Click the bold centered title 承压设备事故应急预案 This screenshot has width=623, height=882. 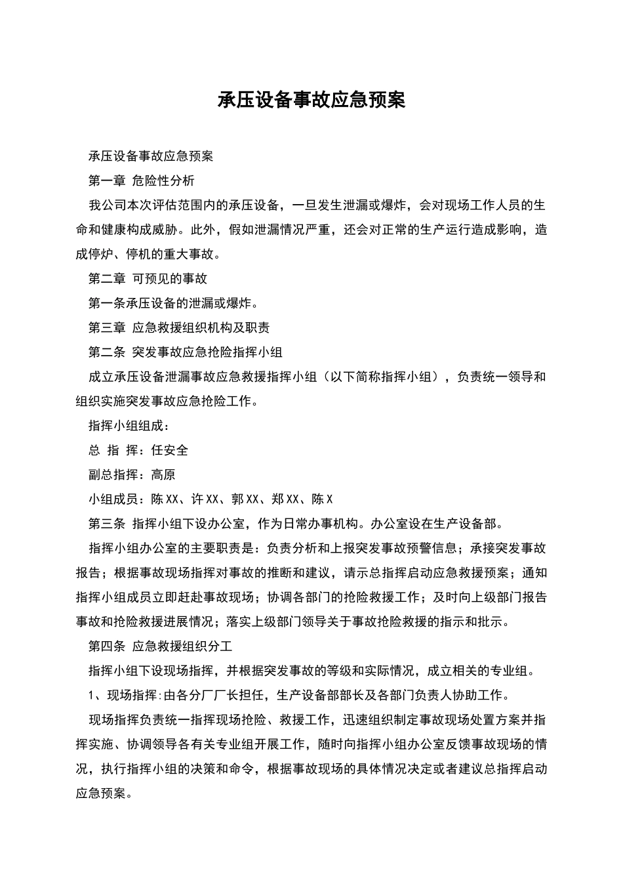[x=311, y=100]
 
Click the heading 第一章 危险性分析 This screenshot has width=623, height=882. [x=141, y=181]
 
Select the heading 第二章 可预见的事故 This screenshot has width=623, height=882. [x=148, y=279]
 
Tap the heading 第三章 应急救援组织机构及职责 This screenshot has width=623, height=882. [x=179, y=328]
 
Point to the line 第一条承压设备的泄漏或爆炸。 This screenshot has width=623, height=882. [x=173, y=303]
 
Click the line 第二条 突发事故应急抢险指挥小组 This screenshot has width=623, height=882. [x=185, y=352]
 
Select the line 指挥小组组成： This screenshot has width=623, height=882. [x=123, y=426]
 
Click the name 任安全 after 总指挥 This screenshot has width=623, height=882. [x=170, y=450]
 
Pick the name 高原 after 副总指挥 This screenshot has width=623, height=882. [x=163, y=474]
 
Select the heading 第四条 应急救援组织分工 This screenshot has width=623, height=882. [x=160, y=646]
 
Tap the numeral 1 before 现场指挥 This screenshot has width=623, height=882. [x=92, y=696]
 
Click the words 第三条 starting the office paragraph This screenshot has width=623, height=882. [x=107, y=524]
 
